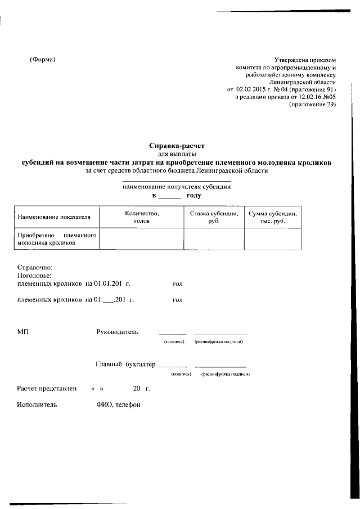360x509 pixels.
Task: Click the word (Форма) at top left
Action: pyautogui.click(x=43, y=60)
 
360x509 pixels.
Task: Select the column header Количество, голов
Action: pyautogui.click(x=142, y=217)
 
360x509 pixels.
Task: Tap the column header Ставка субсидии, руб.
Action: pyautogui.click(x=214, y=217)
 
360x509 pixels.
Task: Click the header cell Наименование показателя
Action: pyautogui.click(x=54, y=217)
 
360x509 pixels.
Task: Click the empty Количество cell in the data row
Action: pyautogui.click(x=142, y=238)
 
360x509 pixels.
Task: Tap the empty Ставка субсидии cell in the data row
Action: pyautogui.click(x=214, y=238)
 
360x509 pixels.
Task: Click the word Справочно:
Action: pyautogui.click(x=35, y=268)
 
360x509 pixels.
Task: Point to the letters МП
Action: pyautogui.click(x=23, y=332)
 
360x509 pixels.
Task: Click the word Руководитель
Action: pyautogui.click(x=117, y=332)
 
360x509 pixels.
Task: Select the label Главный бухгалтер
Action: pyautogui.click(x=125, y=364)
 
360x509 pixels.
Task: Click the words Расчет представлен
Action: pyautogui.click(x=46, y=389)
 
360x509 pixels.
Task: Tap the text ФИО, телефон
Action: pyautogui.click(x=118, y=405)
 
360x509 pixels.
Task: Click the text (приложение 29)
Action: pyautogui.click(x=312, y=105)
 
